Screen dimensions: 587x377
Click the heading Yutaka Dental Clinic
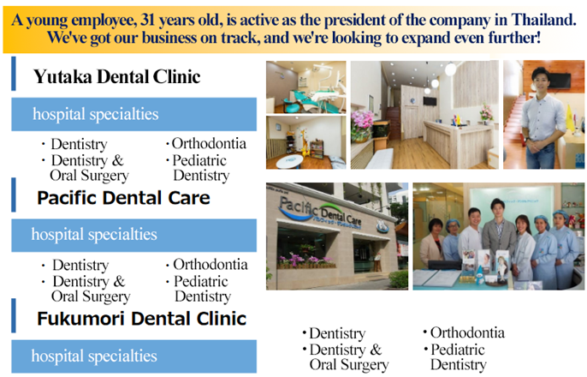[116, 76]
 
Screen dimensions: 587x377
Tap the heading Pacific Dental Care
[123, 197]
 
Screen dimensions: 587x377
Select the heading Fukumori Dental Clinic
[141, 319]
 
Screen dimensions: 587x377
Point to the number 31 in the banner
[147, 20]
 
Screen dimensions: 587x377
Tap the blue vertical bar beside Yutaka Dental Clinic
[14, 74]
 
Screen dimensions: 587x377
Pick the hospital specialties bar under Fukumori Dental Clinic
[134, 356]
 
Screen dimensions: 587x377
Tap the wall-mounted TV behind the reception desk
[430, 101]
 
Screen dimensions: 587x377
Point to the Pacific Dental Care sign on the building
[319, 212]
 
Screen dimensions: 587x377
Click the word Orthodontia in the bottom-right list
[467, 332]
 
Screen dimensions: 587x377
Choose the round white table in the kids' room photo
[290, 160]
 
